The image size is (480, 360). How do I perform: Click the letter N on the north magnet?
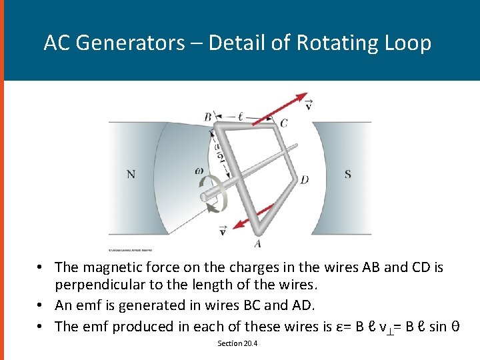click(x=131, y=175)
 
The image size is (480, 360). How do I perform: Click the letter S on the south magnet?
click(x=348, y=175)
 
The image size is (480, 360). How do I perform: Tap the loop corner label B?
click(x=207, y=117)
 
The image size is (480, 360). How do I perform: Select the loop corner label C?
click(x=284, y=123)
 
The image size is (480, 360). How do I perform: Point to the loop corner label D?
click(x=304, y=179)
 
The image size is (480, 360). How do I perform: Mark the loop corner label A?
click(x=257, y=243)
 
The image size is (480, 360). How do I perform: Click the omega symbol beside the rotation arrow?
click(x=199, y=171)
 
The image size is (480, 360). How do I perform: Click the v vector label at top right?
click(x=308, y=104)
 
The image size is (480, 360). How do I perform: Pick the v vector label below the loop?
click(x=222, y=230)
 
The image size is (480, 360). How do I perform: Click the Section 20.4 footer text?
click(x=237, y=343)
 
